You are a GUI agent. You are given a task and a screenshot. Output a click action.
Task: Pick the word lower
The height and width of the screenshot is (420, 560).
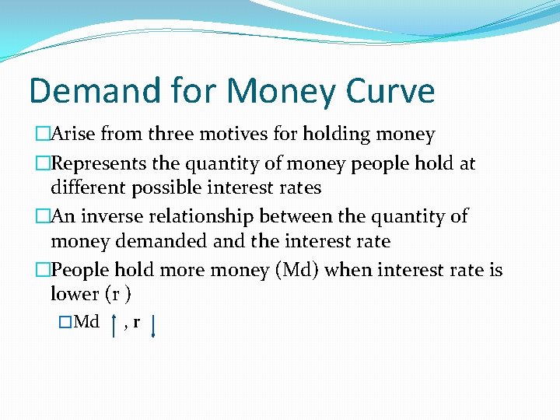point(74,294)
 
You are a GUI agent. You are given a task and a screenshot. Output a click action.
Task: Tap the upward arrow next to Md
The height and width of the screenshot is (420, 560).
point(114,325)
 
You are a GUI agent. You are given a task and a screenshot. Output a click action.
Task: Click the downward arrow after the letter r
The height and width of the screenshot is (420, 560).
point(153,325)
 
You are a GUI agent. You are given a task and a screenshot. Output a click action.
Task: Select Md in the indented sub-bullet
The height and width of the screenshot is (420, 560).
point(86,322)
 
